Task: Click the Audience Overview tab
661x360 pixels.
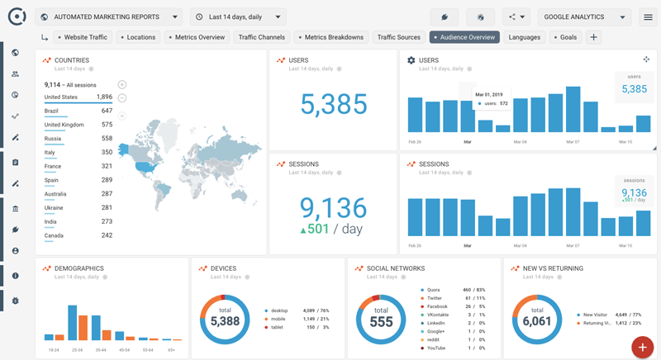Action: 464,37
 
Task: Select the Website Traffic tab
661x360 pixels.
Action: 83,37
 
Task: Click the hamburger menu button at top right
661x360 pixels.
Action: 648,17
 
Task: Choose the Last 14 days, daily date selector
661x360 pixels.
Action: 238,17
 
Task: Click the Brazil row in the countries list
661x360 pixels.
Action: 52,111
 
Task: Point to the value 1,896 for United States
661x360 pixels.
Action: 104,97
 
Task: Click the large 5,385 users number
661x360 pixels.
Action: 334,104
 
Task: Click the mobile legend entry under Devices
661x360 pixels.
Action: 278,319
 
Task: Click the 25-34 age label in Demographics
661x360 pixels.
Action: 77,349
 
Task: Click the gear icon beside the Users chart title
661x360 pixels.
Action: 411,60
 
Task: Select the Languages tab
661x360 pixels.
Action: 525,37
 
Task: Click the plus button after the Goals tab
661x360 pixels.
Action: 593,37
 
